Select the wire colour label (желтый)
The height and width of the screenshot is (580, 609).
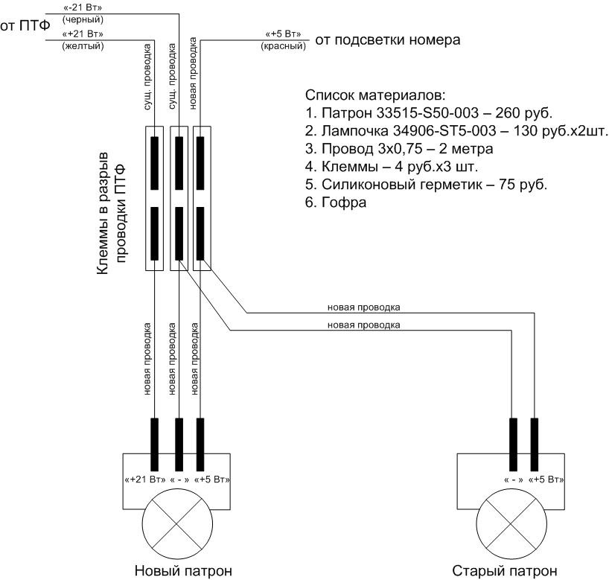[x=83, y=45]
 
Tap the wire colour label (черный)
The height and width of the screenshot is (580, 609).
[x=83, y=19]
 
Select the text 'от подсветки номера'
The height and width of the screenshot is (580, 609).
[x=388, y=39]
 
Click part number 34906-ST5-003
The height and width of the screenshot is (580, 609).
[x=430, y=132]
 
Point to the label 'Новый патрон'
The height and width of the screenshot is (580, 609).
[x=177, y=571]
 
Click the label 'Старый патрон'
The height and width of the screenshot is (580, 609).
[x=504, y=571]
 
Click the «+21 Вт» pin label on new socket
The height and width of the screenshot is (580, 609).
[x=145, y=479]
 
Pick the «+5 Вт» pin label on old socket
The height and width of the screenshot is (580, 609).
[x=545, y=479]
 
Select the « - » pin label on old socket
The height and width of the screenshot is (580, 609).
[x=512, y=479]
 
